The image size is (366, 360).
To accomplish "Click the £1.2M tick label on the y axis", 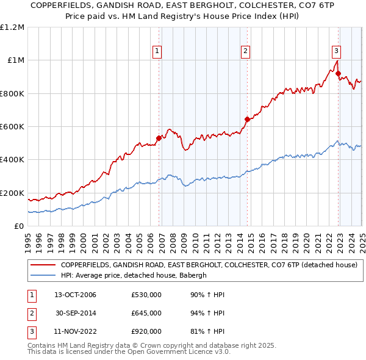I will pos(12,27).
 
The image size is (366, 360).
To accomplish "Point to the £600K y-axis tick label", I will pos(12,127).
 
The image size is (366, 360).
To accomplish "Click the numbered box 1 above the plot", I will pos(157,52).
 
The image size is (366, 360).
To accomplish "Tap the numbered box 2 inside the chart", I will pos(246,52).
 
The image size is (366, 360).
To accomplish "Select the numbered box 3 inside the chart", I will pos(336,52).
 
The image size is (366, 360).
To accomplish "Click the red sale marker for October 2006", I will pos(159,138).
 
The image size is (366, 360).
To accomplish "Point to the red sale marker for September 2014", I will pos(247,119).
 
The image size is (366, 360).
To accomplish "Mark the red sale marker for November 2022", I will pos(338,73).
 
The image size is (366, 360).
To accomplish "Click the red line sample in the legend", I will pos(43,265).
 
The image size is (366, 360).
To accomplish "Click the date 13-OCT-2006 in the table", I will pos(75,295).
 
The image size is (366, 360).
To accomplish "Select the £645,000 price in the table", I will pos(146,313).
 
